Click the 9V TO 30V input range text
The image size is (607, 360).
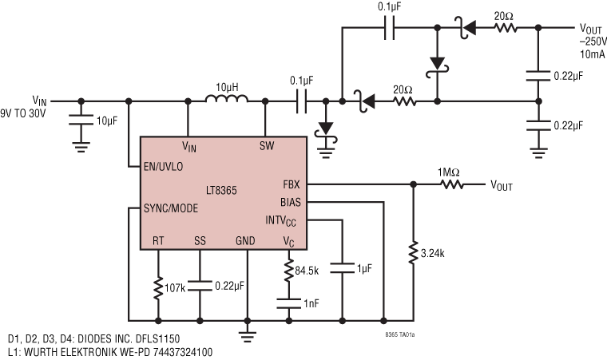25,113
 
